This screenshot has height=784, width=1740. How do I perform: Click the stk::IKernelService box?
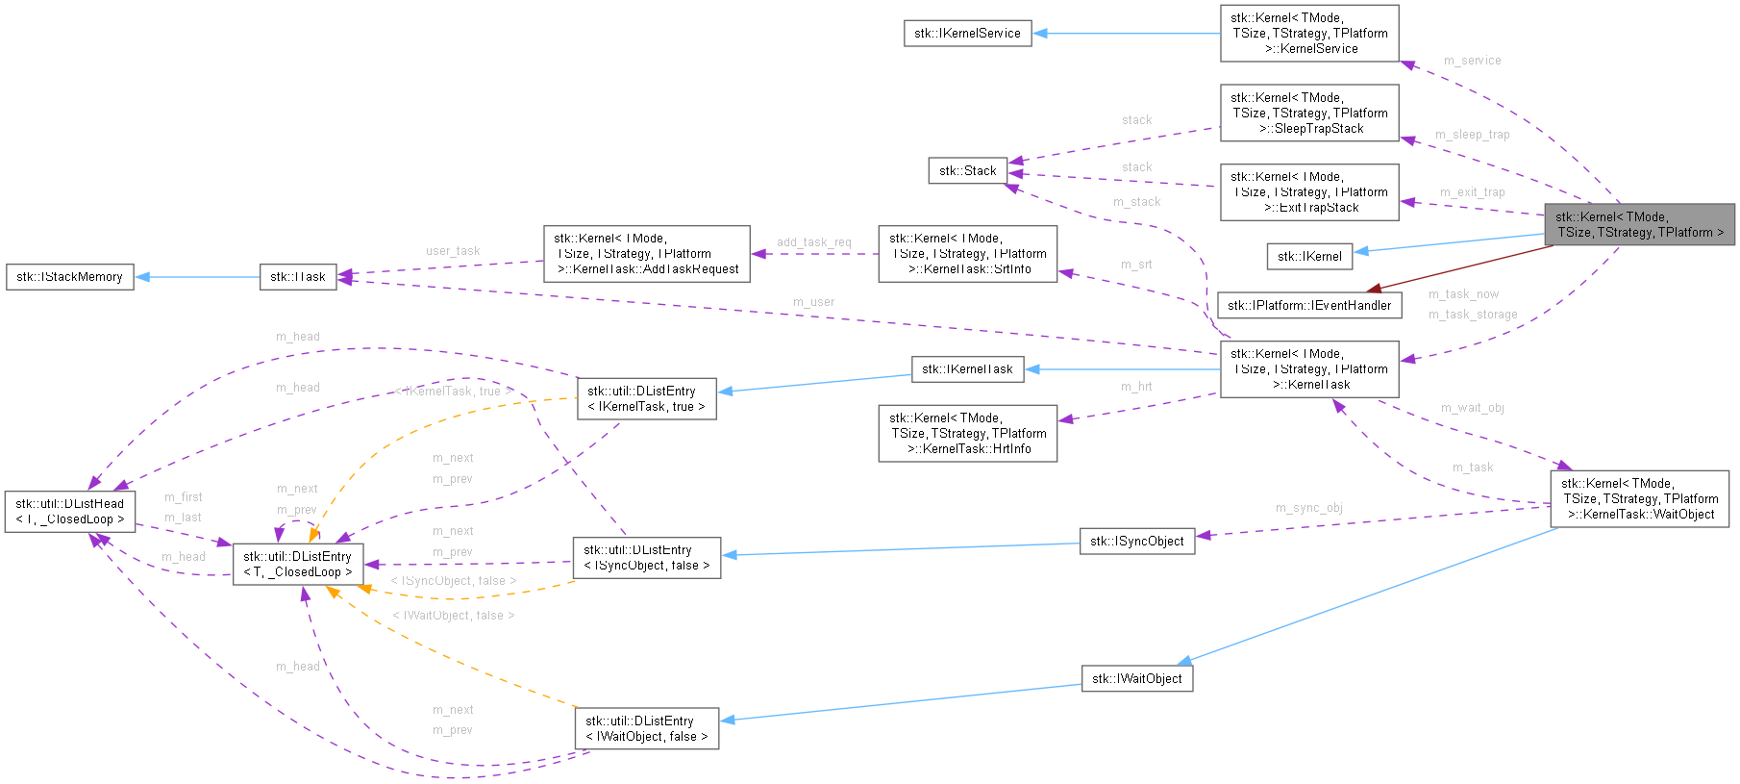click(x=967, y=34)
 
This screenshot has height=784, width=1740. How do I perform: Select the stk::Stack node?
click(x=967, y=171)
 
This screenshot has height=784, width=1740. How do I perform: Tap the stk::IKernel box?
click(x=1309, y=256)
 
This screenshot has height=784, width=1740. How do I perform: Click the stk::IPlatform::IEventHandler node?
click(x=1308, y=306)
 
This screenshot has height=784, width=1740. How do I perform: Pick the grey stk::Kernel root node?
click(x=1639, y=225)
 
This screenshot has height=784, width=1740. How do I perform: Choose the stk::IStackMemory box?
click(x=69, y=277)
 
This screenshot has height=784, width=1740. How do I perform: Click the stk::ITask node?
click(x=297, y=277)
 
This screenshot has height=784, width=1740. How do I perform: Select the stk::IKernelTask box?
click(x=967, y=369)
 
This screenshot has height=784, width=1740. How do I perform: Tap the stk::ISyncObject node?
click(x=1136, y=542)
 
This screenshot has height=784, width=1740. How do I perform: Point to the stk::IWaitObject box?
click(x=1136, y=679)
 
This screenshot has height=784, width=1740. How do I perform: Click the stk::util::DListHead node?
click(x=69, y=512)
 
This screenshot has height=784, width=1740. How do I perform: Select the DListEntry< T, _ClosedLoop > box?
click(x=298, y=565)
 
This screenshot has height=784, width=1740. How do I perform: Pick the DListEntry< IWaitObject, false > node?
click(x=646, y=729)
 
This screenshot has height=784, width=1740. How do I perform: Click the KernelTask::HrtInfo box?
click(x=967, y=434)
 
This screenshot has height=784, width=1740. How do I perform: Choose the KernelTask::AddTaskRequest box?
click(x=646, y=254)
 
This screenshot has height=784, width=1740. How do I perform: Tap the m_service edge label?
click(x=1472, y=61)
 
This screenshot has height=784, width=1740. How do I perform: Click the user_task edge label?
click(x=453, y=251)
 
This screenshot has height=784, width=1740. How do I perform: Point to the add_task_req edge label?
click(x=813, y=242)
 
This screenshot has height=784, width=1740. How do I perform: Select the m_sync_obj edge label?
click(x=1308, y=508)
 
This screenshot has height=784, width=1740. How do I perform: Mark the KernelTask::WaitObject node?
click(x=1639, y=499)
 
